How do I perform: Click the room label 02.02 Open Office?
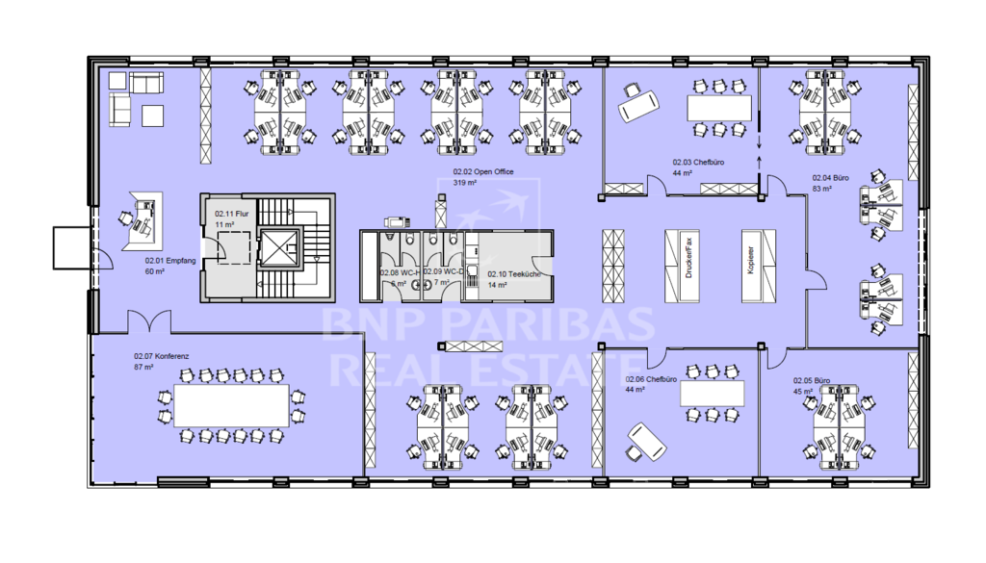[483, 172]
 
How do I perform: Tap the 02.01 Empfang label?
[165, 260]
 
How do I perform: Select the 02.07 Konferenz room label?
[162, 355]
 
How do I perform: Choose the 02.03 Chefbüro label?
[698, 163]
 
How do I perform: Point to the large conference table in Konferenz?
[231, 405]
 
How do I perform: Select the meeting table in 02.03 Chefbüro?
[718, 107]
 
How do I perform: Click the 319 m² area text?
[466, 182]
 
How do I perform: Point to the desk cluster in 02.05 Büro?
[841, 424]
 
